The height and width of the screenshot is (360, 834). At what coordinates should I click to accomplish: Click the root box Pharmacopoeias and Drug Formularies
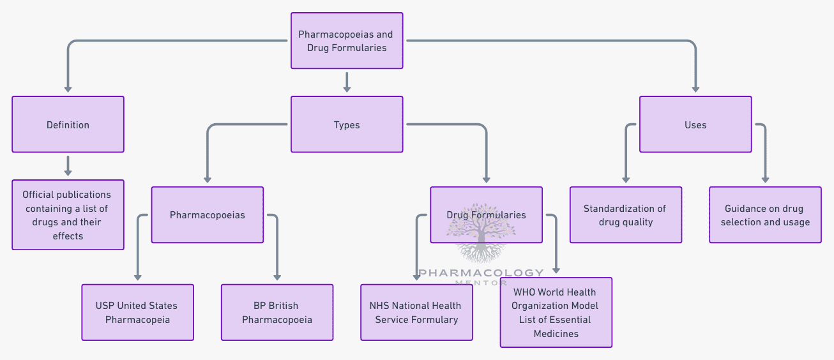coord(347,41)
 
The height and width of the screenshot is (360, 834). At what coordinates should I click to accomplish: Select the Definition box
coord(68,124)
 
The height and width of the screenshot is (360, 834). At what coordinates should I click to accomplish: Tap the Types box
coord(347,124)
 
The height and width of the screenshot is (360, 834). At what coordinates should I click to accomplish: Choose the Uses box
coord(695,124)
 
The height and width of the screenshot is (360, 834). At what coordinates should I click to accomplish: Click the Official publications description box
coord(68,215)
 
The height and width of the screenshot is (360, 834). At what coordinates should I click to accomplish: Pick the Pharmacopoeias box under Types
coord(207,215)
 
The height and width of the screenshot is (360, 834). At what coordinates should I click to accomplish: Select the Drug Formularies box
coord(486,215)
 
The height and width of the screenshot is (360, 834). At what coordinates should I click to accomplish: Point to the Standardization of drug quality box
coord(625,215)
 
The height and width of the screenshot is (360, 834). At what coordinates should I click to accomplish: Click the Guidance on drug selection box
coord(765,215)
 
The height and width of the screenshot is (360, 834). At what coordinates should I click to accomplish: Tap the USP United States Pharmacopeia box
coord(137,312)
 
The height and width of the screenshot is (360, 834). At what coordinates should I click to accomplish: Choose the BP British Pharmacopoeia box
coord(277,312)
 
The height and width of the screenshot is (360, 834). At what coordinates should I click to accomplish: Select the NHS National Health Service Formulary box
coord(416,312)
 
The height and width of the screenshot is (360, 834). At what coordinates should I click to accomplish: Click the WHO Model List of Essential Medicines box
coord(556,312)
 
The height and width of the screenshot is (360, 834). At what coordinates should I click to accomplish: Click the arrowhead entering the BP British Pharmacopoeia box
coord(277,277)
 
